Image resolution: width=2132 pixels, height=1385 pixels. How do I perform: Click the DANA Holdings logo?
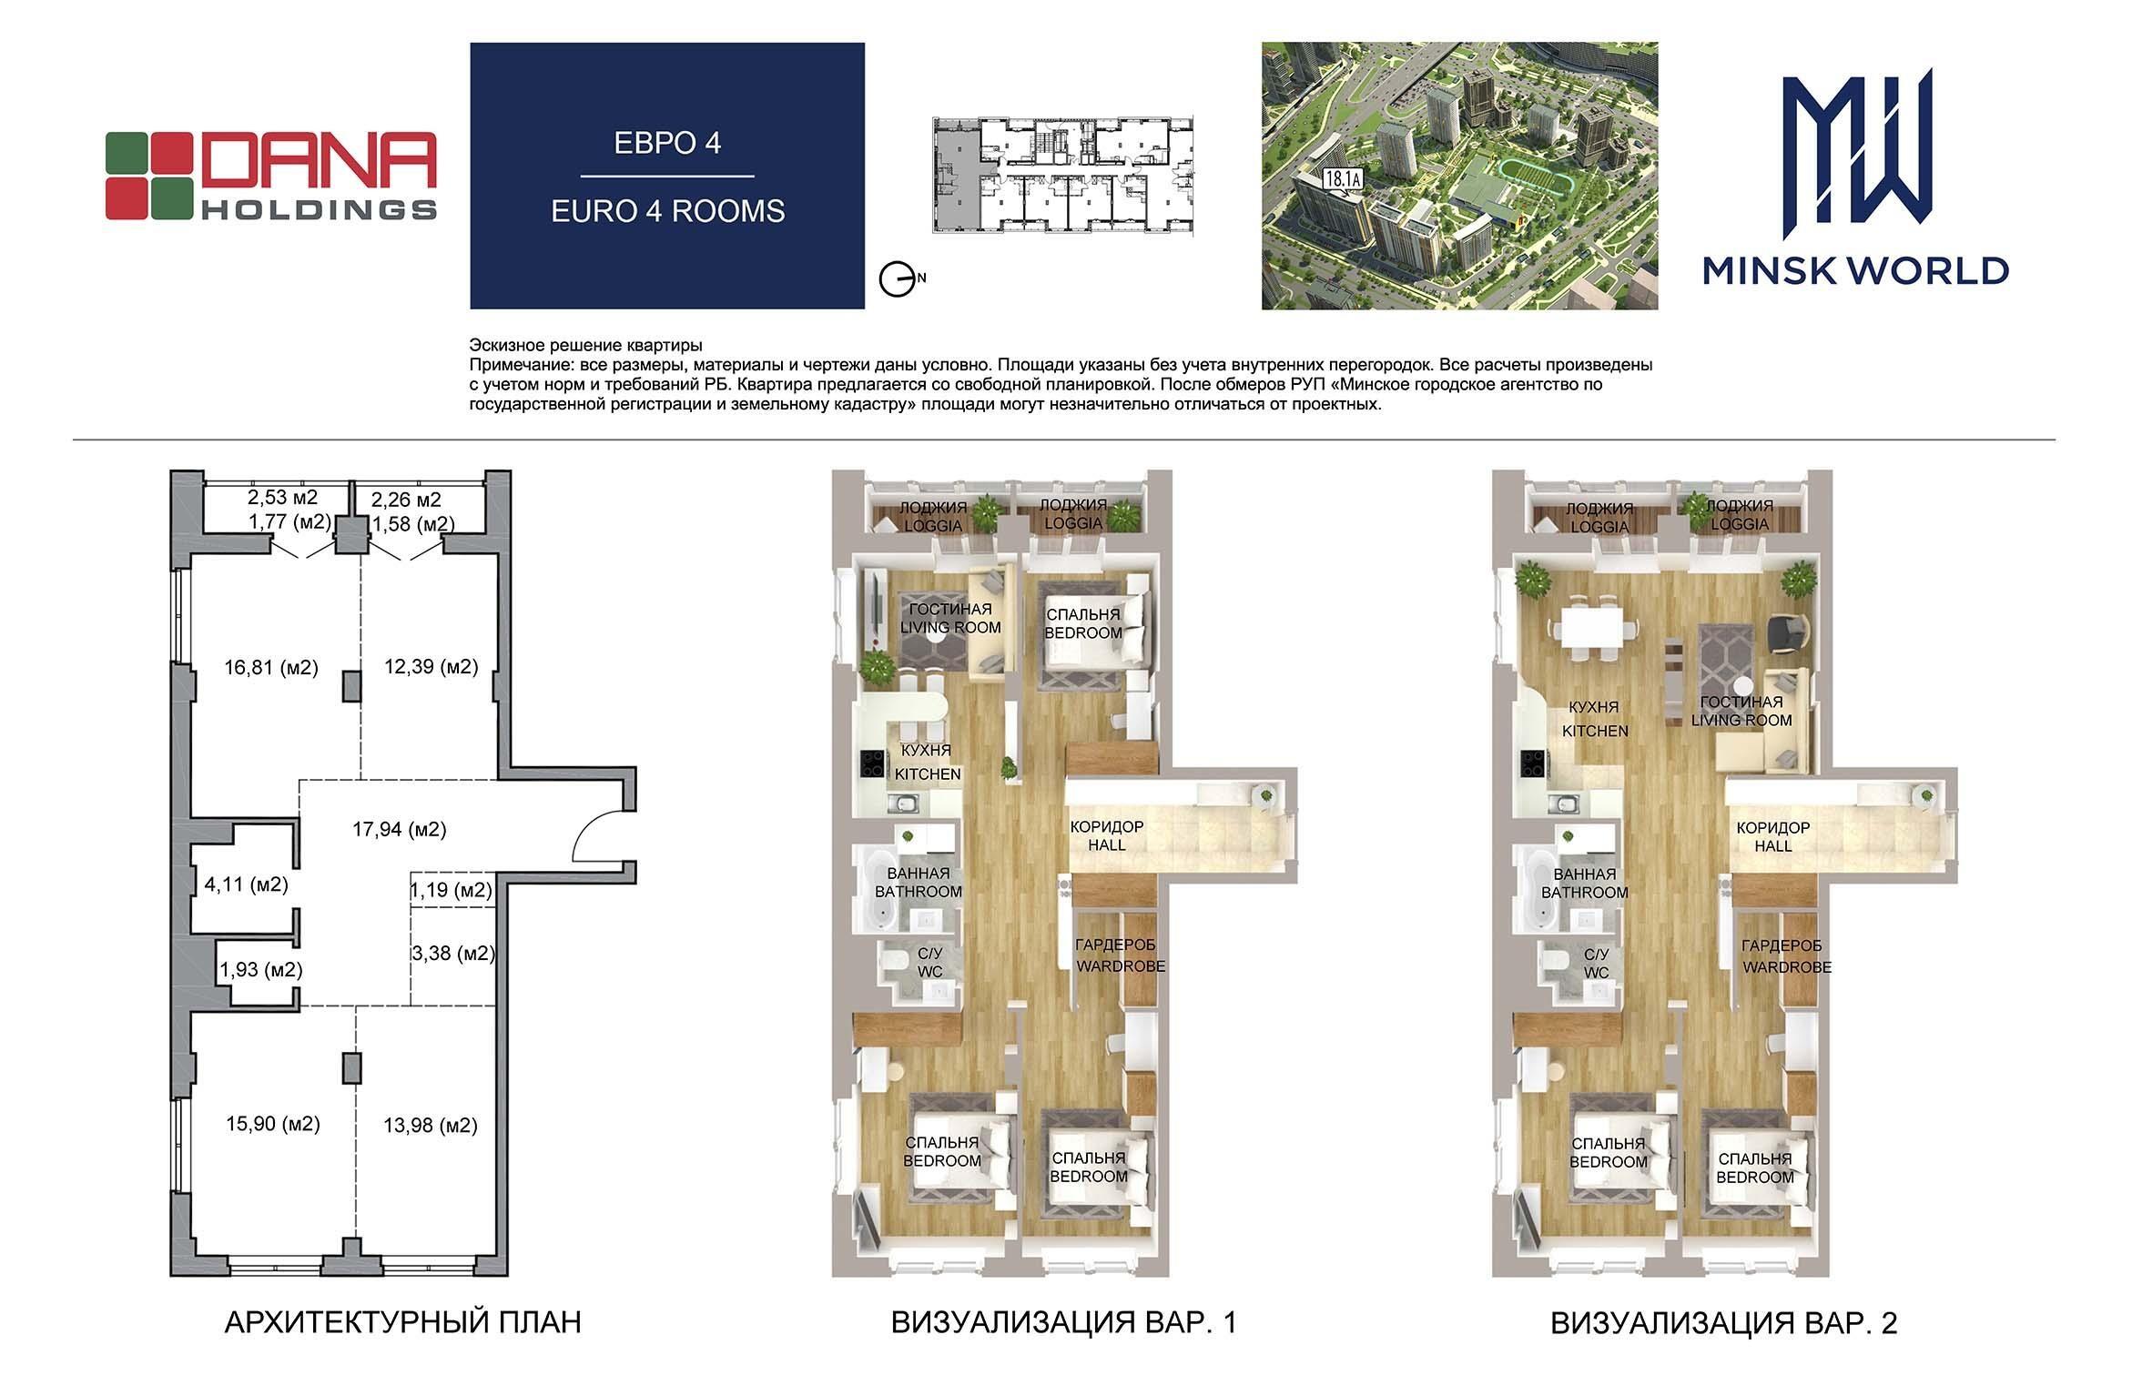[x=271, y=176]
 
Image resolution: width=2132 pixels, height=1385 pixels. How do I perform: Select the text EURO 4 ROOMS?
[x=667, y=211]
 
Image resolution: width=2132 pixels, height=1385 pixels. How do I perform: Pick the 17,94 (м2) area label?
[x=400, y=829]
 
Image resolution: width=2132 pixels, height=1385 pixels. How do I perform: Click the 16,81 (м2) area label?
[x=271, y=668]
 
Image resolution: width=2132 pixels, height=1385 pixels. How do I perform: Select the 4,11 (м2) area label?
[x=246, y=884]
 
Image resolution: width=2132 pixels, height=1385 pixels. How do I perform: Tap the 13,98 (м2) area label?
[x=431, y=1126]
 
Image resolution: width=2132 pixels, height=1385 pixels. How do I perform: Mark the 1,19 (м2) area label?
[x=452, y=890]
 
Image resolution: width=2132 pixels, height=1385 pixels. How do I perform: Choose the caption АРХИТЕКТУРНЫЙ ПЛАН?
[x=402, y=1322]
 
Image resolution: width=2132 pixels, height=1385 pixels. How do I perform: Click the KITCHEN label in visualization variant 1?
[x=928, y=774]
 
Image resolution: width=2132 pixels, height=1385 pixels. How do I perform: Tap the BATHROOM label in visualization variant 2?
[x=1585, y=893]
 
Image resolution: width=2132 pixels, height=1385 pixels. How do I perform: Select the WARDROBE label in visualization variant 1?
[x=1121, y=965]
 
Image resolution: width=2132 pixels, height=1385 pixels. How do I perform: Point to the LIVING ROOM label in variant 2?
[x=1741, y=721]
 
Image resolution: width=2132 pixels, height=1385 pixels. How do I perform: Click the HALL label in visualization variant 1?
[x=1107, y=845]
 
